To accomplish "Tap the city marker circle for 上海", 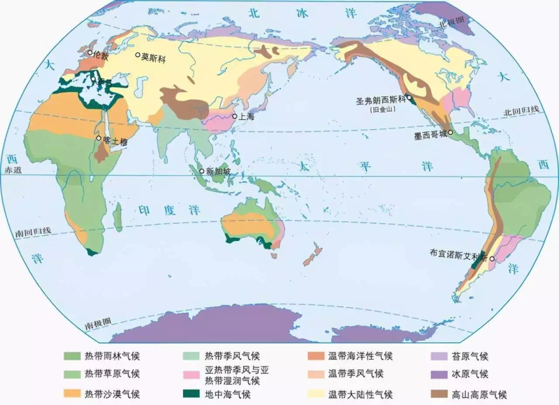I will click(234, 117).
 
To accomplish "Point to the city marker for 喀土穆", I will click(99, 138).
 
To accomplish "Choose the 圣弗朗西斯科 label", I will click(378, 101).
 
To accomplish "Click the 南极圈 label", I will click(99, 323).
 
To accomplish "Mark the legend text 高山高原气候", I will click(479, 394).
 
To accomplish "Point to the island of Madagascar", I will click(118, 217).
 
